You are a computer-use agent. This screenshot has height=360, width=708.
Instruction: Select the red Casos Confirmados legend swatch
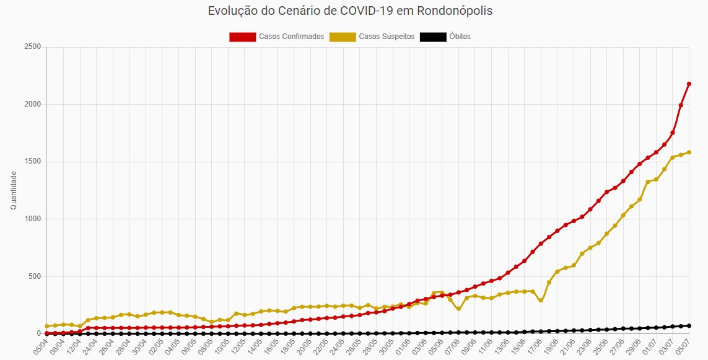[242, 37]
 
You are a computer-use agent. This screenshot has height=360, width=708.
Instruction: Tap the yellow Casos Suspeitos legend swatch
[343, 37]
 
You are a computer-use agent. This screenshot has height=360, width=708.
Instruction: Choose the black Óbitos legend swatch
[433, 37]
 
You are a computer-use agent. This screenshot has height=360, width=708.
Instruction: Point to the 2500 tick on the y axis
[33, 47]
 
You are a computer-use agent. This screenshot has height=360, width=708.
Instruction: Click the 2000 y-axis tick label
[33, 104]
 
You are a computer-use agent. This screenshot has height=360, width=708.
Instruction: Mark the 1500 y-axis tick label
[33, 162]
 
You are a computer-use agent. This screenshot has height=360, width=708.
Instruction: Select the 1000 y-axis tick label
[33, 219]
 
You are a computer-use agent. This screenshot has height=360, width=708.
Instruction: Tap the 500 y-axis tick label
[35, 276]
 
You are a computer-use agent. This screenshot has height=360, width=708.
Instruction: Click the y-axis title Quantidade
[14, 190]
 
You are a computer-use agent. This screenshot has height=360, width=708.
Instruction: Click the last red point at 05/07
[689, 84]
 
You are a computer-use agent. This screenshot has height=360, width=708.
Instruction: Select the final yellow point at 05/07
[689, 152]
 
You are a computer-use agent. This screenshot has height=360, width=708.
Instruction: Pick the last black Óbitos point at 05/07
[689, 326]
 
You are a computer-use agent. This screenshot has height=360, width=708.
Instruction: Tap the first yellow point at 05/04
[47, 326]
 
